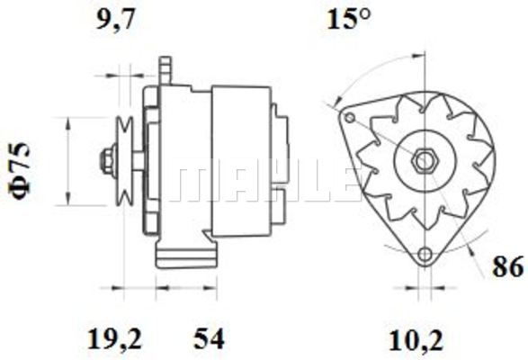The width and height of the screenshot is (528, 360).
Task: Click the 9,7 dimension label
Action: tap(115, 20)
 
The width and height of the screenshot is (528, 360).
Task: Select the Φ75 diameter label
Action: tap(20, 171)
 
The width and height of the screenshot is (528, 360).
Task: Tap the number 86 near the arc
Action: tap(508, 266)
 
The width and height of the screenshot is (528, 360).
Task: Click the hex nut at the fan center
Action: tap(424, 161)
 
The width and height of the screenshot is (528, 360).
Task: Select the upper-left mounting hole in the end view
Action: tap(350, 118)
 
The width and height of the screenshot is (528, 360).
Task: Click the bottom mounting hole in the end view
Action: tap(425, 254)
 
